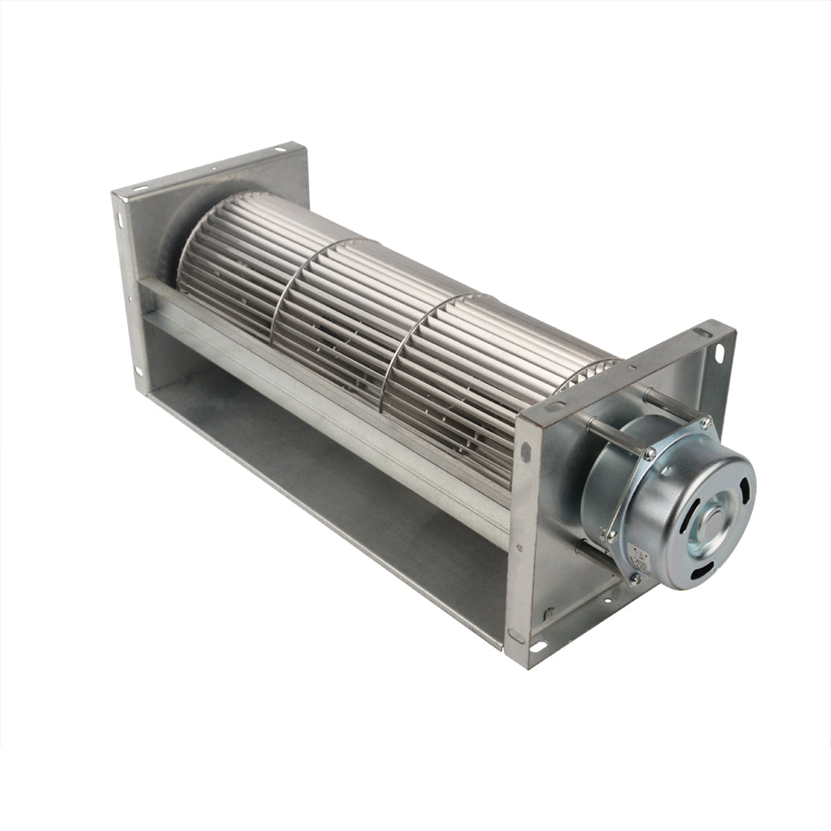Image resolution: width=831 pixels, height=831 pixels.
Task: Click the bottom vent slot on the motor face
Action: (x=704, y=571)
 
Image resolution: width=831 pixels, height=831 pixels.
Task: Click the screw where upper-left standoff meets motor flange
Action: (x=649, y=454)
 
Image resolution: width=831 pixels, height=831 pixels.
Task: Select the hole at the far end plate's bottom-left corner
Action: (x=137, y=371)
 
